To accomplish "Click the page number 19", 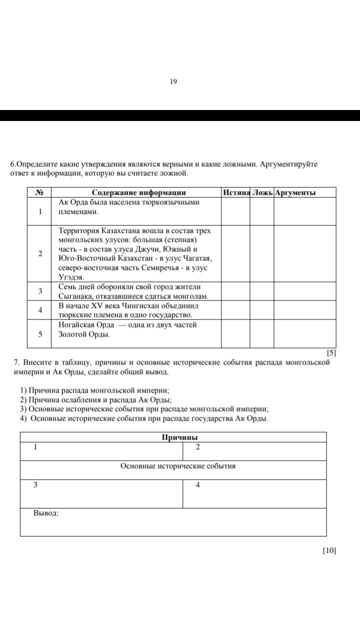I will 173,81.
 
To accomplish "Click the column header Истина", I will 236,192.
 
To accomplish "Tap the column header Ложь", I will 262,192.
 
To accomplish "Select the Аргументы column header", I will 295,192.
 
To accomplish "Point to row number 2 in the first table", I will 39,253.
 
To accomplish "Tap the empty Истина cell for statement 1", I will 235,211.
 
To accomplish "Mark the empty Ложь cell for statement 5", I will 261,333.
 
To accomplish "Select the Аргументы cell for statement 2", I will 305,253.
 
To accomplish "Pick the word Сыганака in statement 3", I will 75,296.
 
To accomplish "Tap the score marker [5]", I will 330,352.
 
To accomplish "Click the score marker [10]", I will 329,550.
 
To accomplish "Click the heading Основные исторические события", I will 178,466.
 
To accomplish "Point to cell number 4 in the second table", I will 198,485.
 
